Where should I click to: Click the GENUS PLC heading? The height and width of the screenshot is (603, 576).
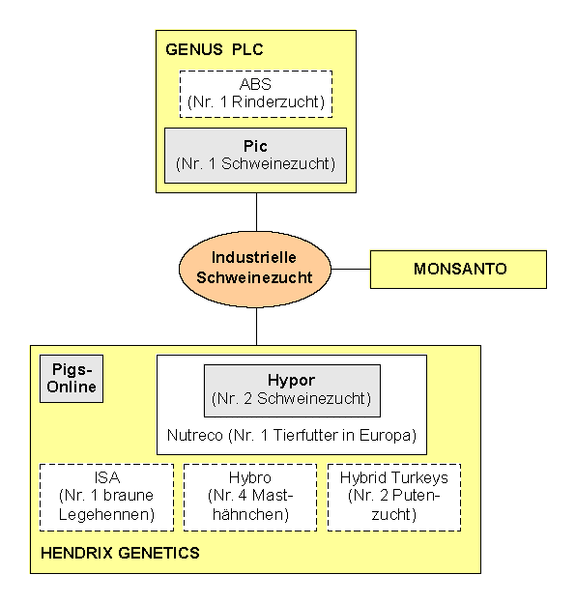(x=215, y=49)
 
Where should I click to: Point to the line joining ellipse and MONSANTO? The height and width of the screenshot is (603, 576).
(x=351, y=270)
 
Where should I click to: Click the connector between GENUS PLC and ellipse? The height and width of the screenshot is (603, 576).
(x=256, y=212)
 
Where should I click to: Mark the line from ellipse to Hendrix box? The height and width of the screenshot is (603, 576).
(x=256, y=326)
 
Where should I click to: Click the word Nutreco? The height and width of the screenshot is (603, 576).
(x=195, y=435)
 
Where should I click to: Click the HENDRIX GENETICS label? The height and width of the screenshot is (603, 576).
(x=120, y=553)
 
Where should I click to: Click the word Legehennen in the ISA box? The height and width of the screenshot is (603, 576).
(x=106, y=514)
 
